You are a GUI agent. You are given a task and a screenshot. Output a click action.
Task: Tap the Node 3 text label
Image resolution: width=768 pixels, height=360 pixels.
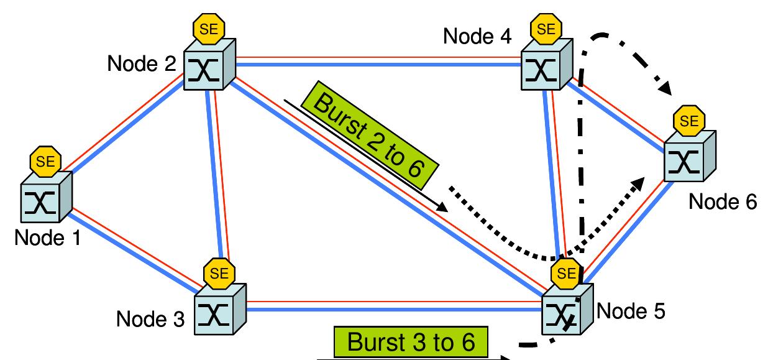click(150, 320)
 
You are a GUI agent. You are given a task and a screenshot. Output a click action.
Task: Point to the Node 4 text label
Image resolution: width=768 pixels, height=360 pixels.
click(477, 36)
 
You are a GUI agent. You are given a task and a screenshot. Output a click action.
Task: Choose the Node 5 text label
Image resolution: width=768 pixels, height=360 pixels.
click(631, 310)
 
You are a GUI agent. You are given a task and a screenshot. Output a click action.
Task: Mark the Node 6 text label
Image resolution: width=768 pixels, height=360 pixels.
click(723, 202)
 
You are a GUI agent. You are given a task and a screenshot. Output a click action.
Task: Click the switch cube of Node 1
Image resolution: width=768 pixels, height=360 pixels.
click(45, 199)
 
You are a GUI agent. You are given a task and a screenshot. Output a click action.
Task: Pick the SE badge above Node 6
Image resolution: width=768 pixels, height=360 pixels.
click(689, 122)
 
